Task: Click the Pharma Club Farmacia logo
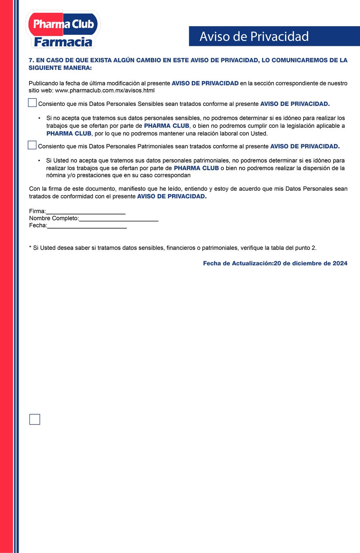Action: (x=63, y=30)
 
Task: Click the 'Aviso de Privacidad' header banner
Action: (x=274, y=36)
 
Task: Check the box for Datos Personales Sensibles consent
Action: (x=33, y=103)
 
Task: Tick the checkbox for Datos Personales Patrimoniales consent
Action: (x=32, y=145)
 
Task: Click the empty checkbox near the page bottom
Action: (x=34, y=419)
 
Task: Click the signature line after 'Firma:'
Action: (x=86, y=212)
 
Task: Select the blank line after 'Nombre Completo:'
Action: (x=119, y=219)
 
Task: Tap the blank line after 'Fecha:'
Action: (x=87, y=226)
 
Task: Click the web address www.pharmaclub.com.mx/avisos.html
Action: (x=105, y=91)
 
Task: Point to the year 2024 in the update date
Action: (x=340, y=263)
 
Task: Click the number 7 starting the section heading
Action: (x=31, y=60)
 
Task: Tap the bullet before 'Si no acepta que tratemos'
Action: (x=39, y=118)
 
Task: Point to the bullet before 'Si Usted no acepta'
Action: (x=39, y=161)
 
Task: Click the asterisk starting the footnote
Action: (x=30, y=248)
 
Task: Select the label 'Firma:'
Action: (x=37, y=211)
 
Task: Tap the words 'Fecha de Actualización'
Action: (x=238, y=263)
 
